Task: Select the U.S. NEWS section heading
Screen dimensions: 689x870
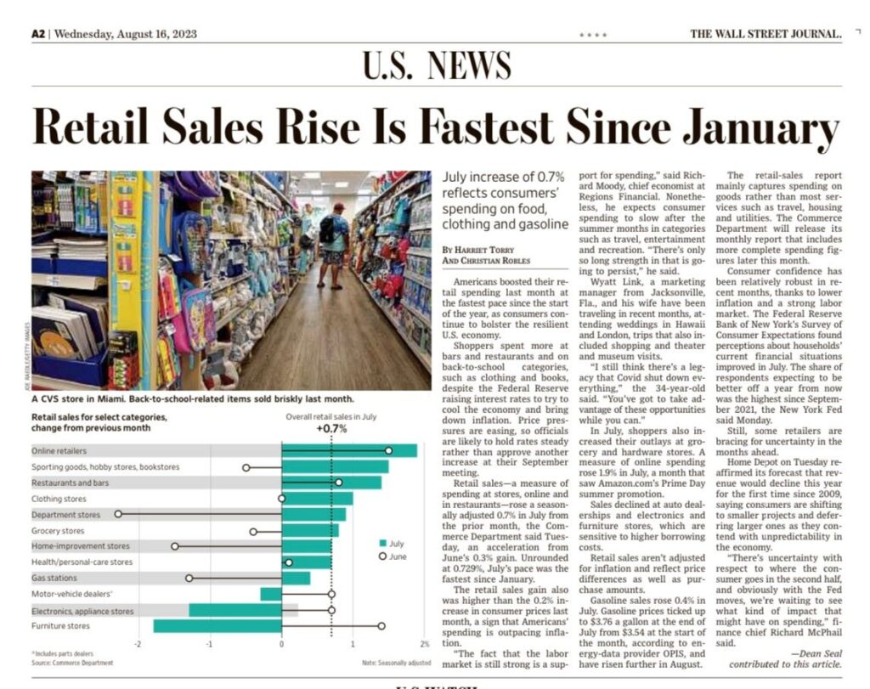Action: [x=437, y=66]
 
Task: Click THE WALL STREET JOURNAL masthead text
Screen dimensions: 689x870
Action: [x=765, y=34]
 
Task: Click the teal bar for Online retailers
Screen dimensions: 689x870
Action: [x=348, y=450]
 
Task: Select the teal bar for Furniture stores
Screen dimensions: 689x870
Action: [x=217, y=626]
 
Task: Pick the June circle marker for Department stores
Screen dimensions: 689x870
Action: [x=118, y=514]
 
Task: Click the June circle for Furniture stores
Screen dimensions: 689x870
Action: [x=381, y=626]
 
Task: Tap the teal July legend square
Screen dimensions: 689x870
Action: [x=383, y=543]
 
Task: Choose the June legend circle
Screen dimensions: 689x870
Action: [x=383, y=556]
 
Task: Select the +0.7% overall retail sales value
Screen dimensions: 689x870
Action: [x=331, y=428]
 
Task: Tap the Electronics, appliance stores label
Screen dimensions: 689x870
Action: [x=82, y=610]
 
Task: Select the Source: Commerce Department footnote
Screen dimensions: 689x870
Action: [x=72, y=663]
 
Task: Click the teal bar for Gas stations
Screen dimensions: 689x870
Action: [x=296, y=578]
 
